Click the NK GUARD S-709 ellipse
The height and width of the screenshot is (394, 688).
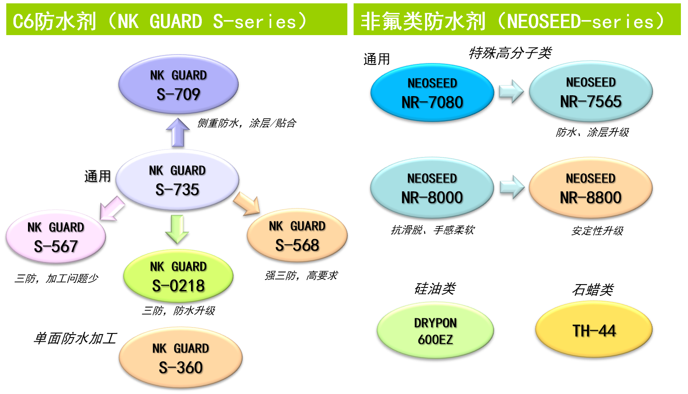point(178,84)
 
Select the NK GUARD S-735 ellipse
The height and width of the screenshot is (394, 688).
point(177,180)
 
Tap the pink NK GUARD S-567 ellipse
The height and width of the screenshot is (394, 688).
point(56,237)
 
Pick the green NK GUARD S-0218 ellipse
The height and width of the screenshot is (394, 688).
point(178,276)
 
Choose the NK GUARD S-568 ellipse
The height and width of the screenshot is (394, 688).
point(297,236)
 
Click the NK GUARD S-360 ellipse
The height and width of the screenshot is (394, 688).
point(181,358)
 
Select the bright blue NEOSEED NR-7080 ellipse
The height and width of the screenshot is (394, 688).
point(432,92)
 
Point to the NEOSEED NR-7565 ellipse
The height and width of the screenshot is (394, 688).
point(591,92)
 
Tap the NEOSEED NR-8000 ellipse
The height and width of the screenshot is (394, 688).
point(432,188)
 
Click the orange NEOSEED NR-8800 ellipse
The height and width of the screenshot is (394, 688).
point(591,188)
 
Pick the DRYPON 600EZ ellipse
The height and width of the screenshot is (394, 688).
point(436,330)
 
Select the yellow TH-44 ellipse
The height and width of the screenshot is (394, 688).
point(594,330)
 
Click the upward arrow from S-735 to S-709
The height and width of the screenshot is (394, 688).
point(178,133)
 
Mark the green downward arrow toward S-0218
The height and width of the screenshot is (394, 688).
point(177,229)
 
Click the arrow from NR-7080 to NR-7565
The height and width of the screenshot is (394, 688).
point(511,92)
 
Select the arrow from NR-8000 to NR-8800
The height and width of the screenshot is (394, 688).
point(512,187)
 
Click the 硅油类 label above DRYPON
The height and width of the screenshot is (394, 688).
point(435,289)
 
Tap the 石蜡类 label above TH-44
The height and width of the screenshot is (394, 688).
point(593,290)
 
